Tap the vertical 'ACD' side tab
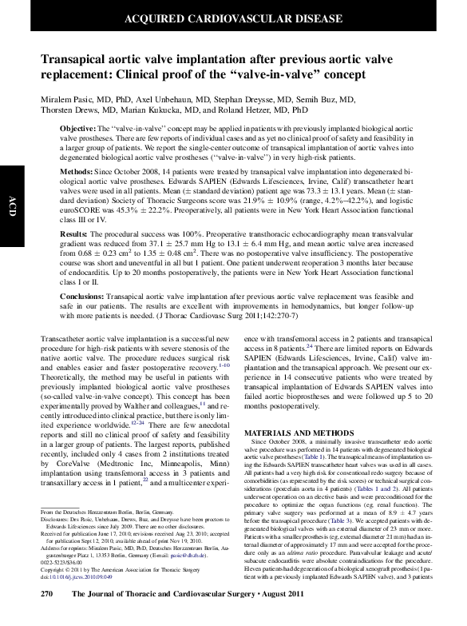pyautogui.click(x=11, y=200)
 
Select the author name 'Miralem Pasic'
pyautogui.click(x=68, y=98)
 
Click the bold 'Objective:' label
pyautogui.click(x=78, y=129)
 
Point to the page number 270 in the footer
pyautogui.click(x=47, y=616)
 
